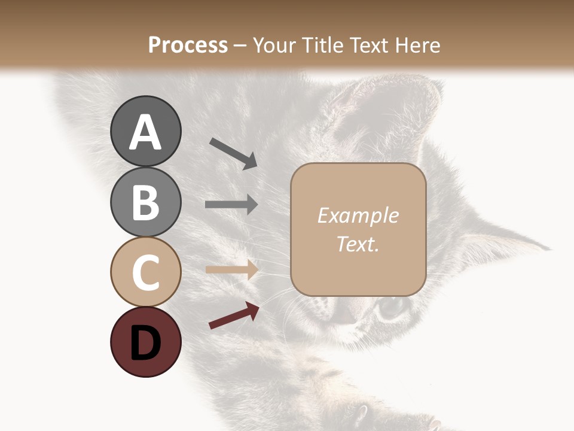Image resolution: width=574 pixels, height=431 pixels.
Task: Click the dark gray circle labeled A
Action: point(145,131)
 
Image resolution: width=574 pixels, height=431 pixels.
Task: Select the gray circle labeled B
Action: point(145,202)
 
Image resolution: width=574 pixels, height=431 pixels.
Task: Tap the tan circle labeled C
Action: point(145,272)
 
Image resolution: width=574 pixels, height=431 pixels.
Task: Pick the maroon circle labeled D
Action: point(145,342)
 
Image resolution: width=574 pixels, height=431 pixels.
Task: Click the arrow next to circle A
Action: point(233,153)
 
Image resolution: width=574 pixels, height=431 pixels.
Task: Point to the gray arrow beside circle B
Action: point(231,205)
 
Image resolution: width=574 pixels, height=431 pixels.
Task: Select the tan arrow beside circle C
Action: point(231,269)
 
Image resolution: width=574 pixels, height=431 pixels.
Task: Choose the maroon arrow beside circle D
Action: point(234,315)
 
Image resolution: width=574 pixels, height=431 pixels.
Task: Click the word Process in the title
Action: point(188,45)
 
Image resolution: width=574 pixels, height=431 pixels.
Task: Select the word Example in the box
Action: point(358,215)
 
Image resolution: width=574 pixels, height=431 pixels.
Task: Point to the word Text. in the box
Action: point(358,244)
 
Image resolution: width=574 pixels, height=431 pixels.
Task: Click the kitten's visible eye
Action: point(391,307)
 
